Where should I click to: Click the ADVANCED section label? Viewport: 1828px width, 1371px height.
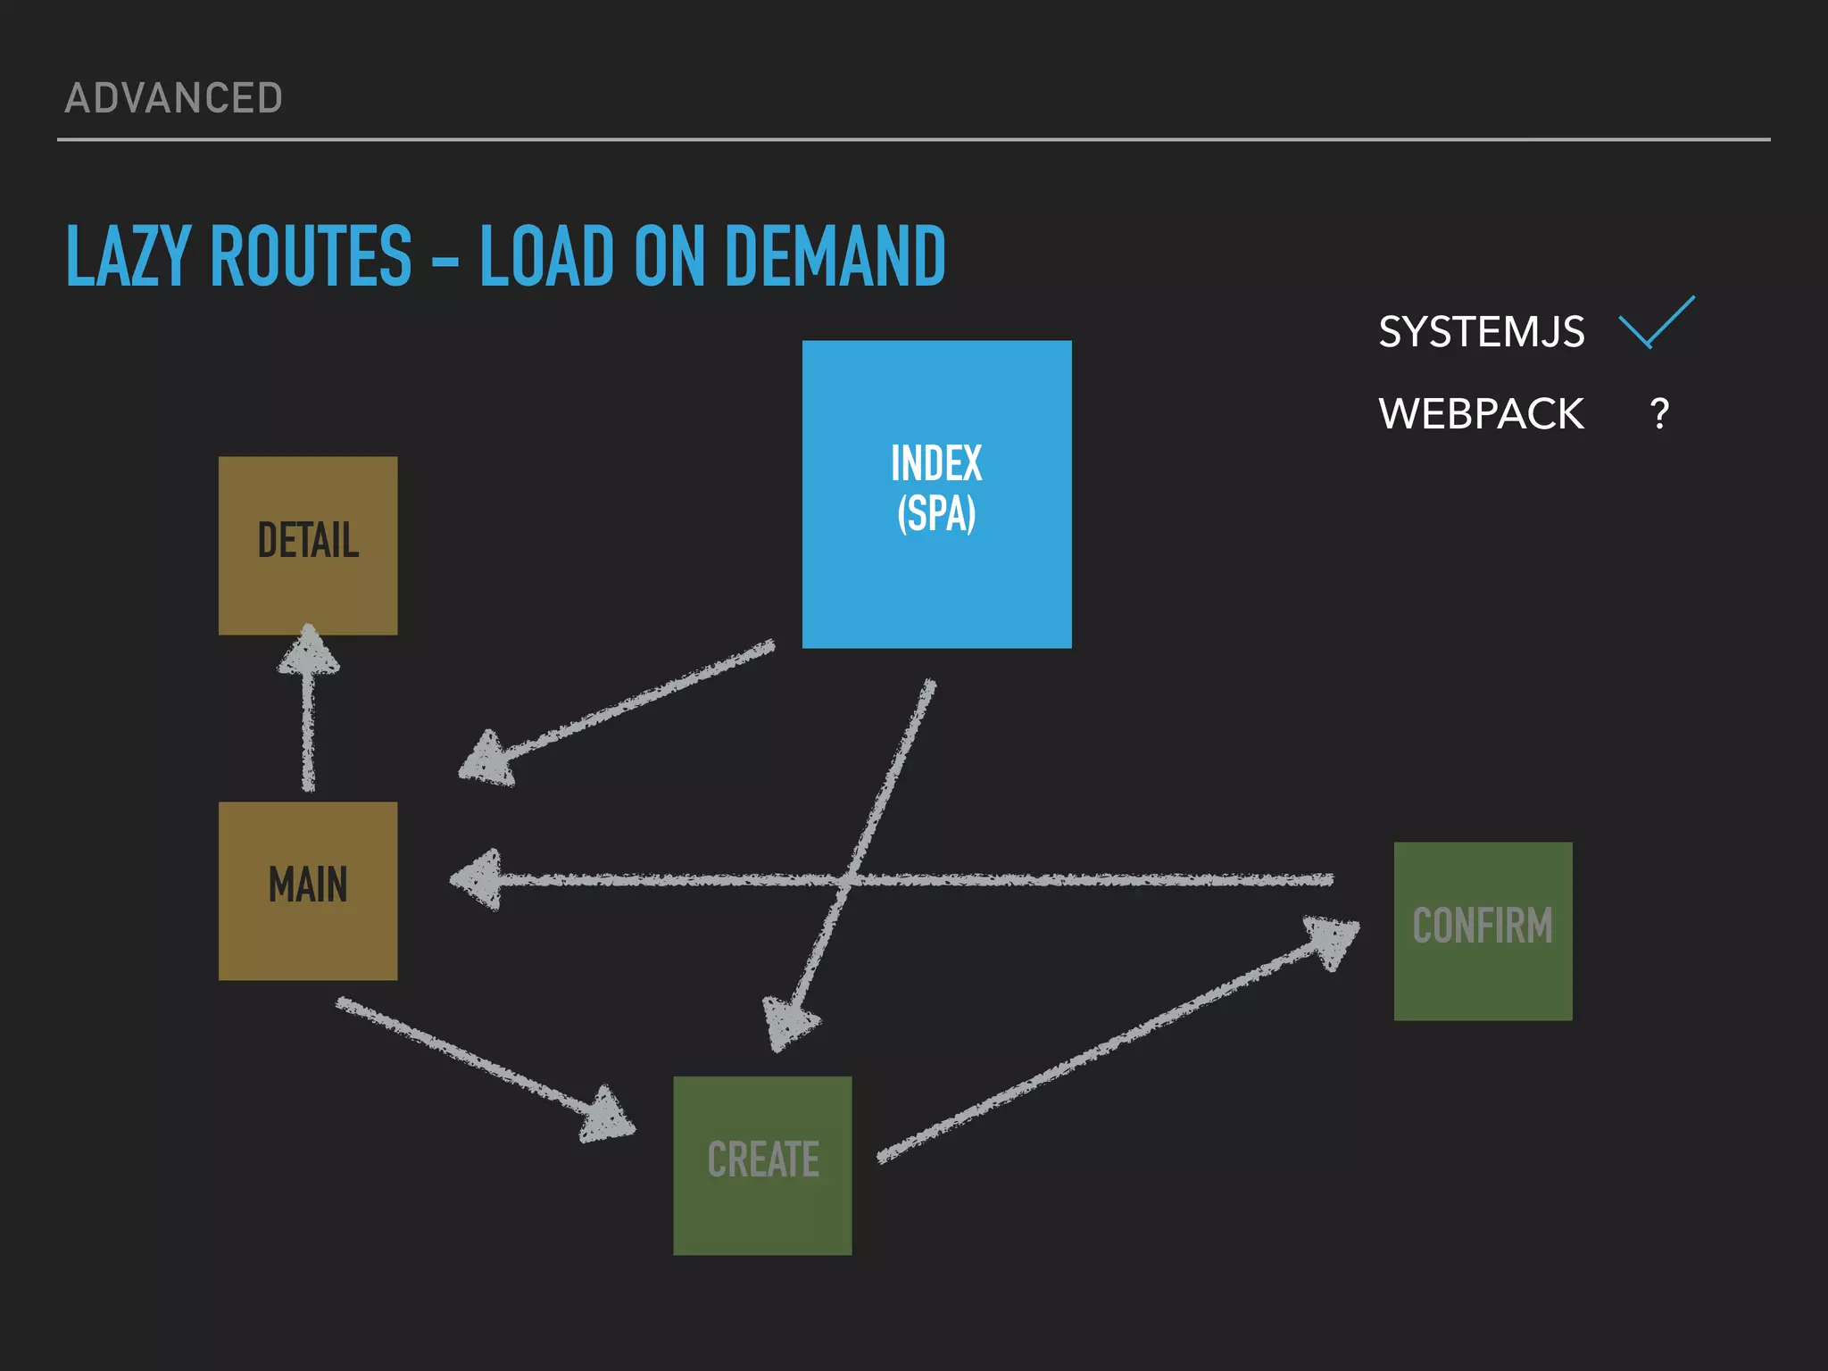pyautogui.click(x=174, y=98)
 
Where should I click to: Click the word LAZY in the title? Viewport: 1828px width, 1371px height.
pyautogui.click(x=129, y=256)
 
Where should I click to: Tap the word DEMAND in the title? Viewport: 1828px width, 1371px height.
pyautogui.click(x=835, y=256)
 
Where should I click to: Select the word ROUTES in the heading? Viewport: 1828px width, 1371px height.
pyautogui.click(x=312, y=256)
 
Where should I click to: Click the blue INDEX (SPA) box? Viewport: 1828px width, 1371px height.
pyautogui.click(x=936, y=494)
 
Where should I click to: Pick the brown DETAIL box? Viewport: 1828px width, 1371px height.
pyautogui.click(x=308, y=545)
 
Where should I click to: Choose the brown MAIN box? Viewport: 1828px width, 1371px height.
pyautogui.click(x=308, y=890)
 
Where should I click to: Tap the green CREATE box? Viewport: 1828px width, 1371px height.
pyautogui.click(x=762, y=1165)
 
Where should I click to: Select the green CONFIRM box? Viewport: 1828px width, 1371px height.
pyautogui.click(x=1483, y=930)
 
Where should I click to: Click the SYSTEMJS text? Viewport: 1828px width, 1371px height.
pyautogui.click(x=1481, y=332)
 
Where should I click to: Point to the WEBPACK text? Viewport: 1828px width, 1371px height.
pyautogui.click(x=1481, y=414)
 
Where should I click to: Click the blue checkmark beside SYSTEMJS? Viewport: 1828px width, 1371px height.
pyautogui.click(x=1656, y=322)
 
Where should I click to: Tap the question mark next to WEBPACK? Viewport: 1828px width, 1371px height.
pyautogui.click(x=1659, y=414)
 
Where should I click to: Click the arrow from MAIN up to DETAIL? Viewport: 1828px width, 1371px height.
pyautogui.click(x=309, y=723)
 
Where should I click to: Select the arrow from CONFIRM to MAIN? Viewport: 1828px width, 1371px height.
pyautogui.click(x=982, y=880)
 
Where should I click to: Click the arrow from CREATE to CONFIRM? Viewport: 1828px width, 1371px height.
pyautogui.click(x=1116, y=1041)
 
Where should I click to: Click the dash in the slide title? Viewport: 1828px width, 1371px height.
pyautogui.click(x=445, y=264)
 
